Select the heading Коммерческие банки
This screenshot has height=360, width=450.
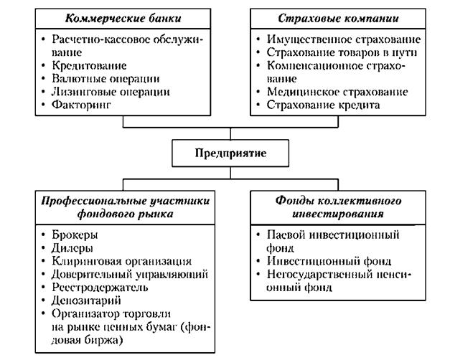pos(122,17)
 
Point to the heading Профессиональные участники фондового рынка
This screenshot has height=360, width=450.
pos(122,207)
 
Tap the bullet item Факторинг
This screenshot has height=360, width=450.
pos(82,105)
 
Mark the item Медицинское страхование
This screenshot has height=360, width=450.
pos(337,92)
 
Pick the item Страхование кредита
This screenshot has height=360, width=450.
pos(325,105)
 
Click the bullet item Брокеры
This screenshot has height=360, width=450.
pos(75,235)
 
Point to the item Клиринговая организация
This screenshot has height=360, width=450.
pos(122,261)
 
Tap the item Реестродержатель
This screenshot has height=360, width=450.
pos(100,288)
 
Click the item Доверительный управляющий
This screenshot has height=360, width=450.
pos(130,274)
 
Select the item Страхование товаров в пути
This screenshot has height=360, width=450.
pos(342,52)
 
